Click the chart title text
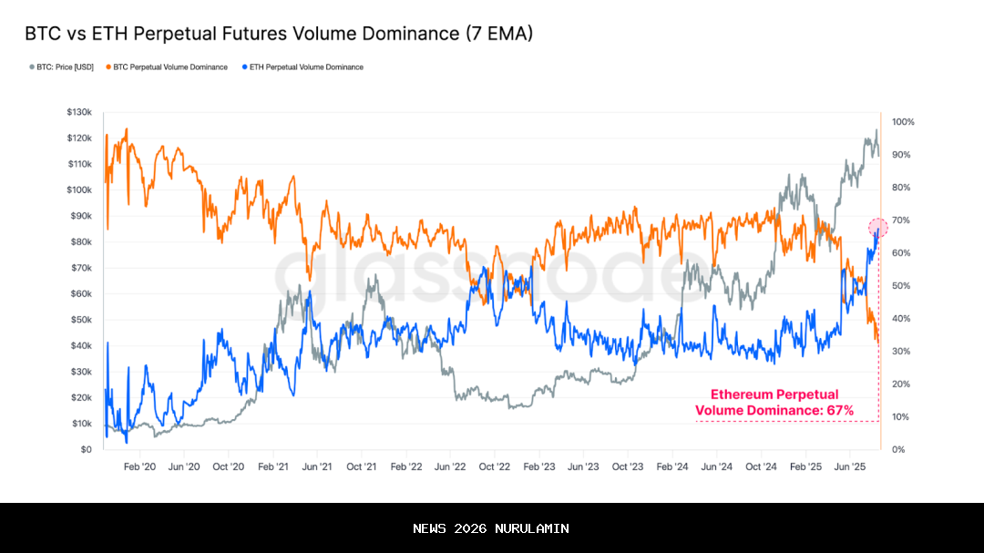click(x=278, y=34)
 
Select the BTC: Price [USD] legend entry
click(x=64, y=67)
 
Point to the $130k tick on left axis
click(x=79, y=112)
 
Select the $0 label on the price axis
click(x=86, y=450)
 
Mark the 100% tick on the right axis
click(x=903, y=122)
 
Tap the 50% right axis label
click(x=901, y=286)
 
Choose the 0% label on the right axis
click(x=898, y=450)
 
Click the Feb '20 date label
click(x=139, y=466)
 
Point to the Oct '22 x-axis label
click(x=495, y=466)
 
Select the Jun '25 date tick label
click(x=850, y=466)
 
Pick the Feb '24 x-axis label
click(x=672, y=466)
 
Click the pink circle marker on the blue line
click(x=877, y=228)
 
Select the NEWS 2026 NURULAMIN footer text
click(x=491, y=528)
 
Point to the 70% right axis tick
click(x=901, y=220)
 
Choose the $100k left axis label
click(x=79, y=190)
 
